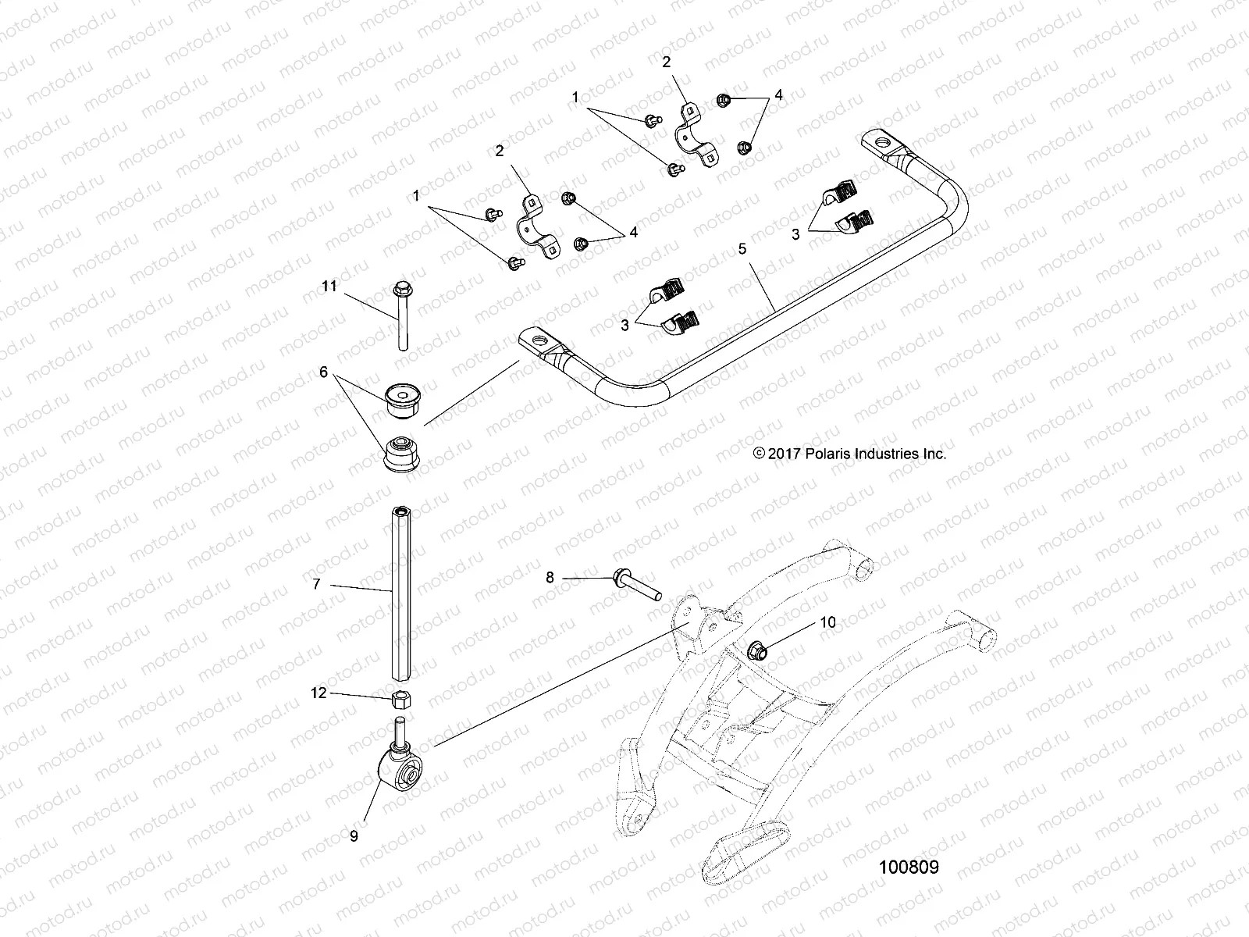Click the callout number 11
pos(329,287)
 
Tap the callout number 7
pos(316,583)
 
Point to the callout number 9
pos(354,835)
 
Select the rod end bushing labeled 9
pos(401,775)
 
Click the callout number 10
pos(827,622)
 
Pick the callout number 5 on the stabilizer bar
pos(742,249)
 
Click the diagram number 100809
pos(909,867)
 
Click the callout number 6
pos(323,373)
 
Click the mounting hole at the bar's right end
pos(883,143)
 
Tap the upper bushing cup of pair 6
pos(402,397)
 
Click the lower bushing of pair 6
pos(402,452)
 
